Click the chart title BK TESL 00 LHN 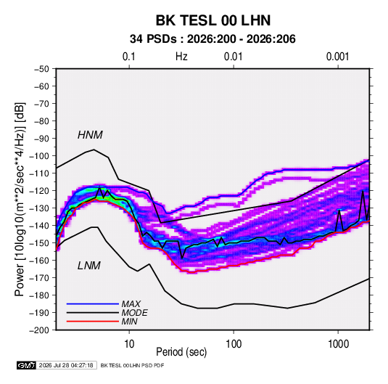click(x=213, y=20)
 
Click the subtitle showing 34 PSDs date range click(x=212, y=39)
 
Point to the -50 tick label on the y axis click(x=41, y=69)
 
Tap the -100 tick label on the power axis click(x=39, y=156)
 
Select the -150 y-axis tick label click(x=39, y=243)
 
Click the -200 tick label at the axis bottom click(x=39, y=330)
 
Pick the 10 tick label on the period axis click(x=129, y=344)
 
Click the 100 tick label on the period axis click(x=234, y=344)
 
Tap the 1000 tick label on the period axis click(x=338, y=344)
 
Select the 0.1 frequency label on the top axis click(x=129, y=57)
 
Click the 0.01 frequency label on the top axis click(x=233, y=57)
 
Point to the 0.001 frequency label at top click(x=337, y=57)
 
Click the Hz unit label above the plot click(x=181, y=57)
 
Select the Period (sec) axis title click(x=181, y=352)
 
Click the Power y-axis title click(x=20, y=200)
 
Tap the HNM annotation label click(x=90, y=135)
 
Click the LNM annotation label click(x=89, y=266)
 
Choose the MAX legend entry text click(x=131, y=304)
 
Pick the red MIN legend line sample click(x=93, y=322)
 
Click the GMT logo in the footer click(x=26, y=365)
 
